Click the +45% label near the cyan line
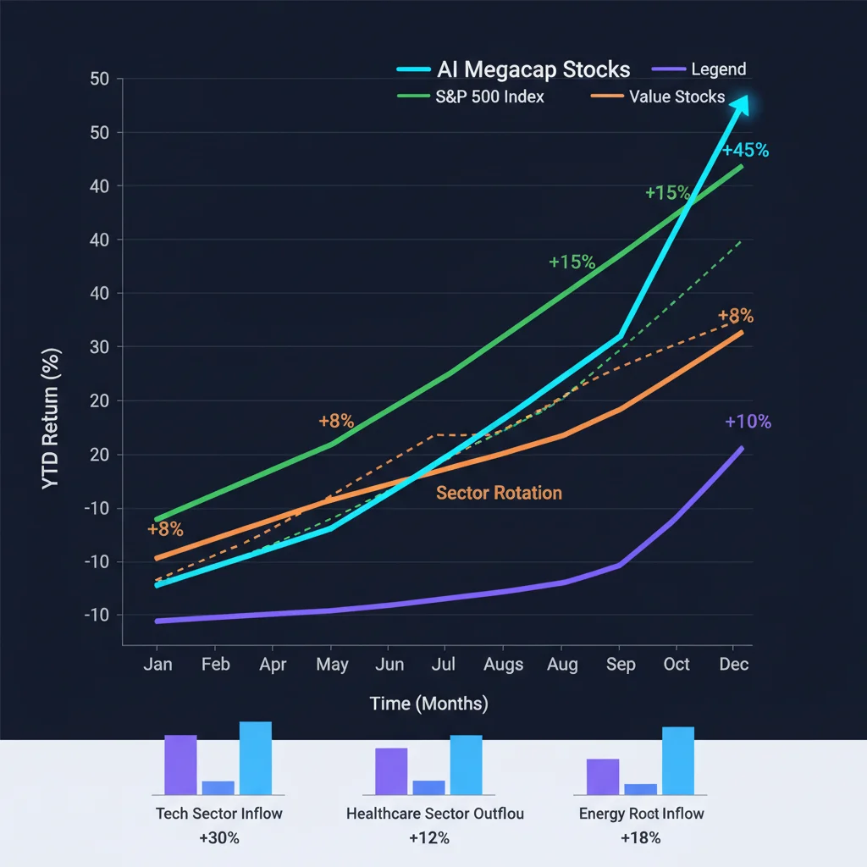[745, 151]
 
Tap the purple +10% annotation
[748, 422]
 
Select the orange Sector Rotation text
[499, 493]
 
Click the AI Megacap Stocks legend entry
[533, 69]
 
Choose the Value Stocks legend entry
[676, 97]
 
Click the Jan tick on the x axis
[157, 665]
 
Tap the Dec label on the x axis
[734, 665]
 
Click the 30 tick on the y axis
[101, 347]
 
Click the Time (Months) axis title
[428, 704]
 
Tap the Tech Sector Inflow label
[218, 814]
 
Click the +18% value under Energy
[641, 838]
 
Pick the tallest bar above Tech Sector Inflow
[256, 758]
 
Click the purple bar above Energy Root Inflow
[603, 776]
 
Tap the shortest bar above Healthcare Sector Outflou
[428, 787]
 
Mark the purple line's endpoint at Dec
[742, 448]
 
